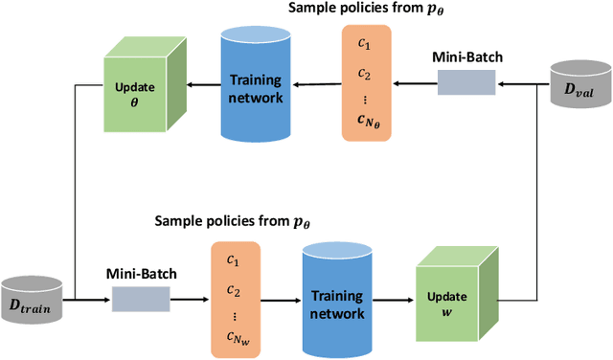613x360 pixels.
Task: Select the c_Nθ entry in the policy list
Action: point(366,120)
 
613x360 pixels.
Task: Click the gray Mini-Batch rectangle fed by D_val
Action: point(466,84)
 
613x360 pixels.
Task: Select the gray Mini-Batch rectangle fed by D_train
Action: point(139,300)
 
